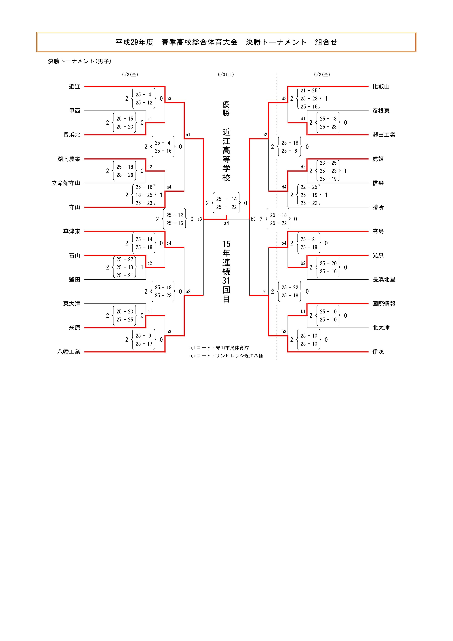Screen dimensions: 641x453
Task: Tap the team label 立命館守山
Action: coord(66,183)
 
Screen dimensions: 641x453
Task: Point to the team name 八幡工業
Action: coord(69,352)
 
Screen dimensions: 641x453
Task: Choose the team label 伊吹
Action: coord(378,352)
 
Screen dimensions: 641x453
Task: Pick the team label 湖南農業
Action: coord(69,159)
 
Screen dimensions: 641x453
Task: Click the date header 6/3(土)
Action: coord(226,75)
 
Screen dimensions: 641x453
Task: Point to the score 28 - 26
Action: coord(125,175)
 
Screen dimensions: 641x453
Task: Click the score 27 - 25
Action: coord(125,320)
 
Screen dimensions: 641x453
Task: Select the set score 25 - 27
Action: coord(125,259)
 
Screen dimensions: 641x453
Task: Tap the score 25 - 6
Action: coord(290,151)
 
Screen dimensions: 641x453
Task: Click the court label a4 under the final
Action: coord(226,223)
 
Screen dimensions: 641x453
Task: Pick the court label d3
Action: coord(284,98)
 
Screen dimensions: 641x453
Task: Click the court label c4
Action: coord(169,243)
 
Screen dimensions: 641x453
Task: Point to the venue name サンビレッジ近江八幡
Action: coord(239,356)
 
